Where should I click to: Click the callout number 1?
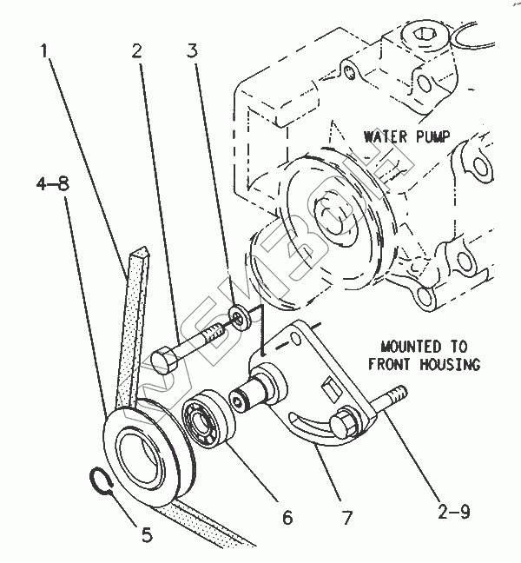pyautogui.click(x=43, y=51)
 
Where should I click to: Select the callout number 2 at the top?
pyautogui.click(x=137, y=51)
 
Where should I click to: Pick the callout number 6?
pyautogui.click(x=286, y=518)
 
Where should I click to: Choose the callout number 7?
pyautogui.click(x=346, y=518)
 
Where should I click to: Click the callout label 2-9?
pyautogui.click(x=452, y=512)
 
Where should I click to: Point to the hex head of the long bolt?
pyautogui.click(x=164, y=359)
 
